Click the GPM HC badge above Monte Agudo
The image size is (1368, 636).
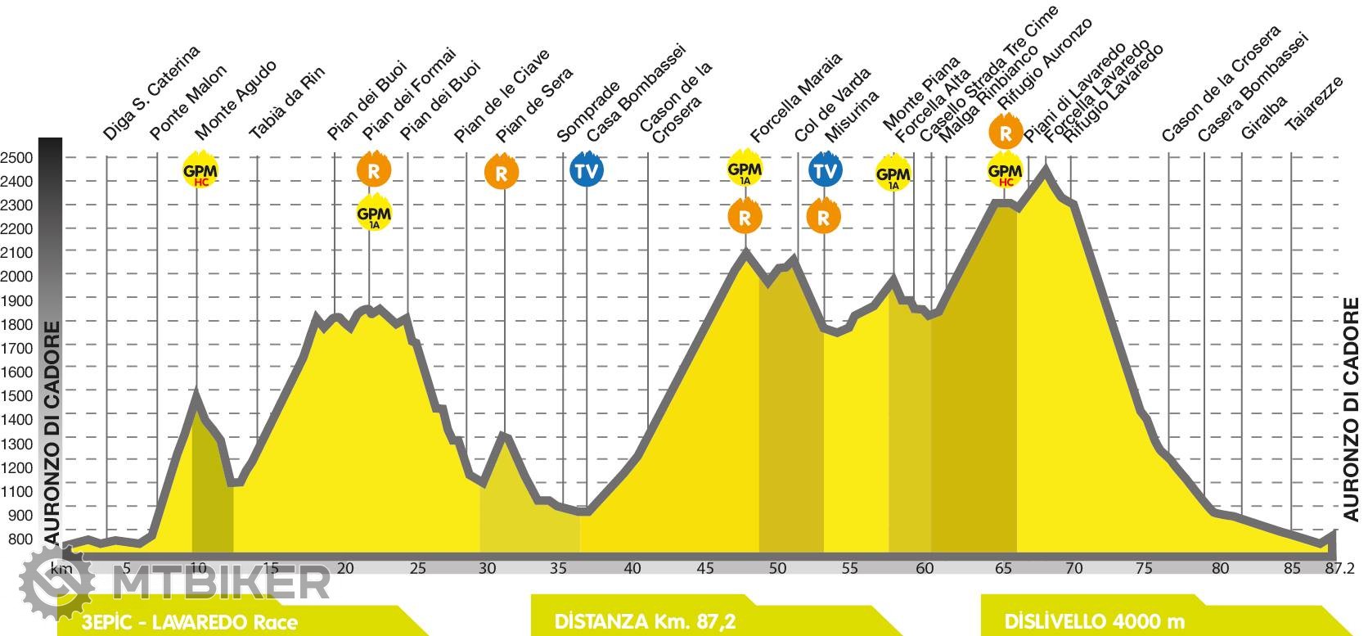point(200,171)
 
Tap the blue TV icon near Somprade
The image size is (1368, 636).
point(586,171)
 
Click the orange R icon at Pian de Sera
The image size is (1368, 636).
point(502,173)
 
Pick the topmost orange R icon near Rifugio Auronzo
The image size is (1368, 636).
point(1005,132)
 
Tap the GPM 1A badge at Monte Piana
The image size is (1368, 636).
point(893,175)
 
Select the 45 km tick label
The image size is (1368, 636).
point(704,568)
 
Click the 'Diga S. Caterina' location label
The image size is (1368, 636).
point(152,93)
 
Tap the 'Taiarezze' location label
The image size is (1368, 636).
point(1313,104)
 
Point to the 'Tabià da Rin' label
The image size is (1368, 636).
point(286,102)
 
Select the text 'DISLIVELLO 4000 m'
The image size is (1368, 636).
point(1095,621)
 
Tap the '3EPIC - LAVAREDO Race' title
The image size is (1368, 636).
point(190,622)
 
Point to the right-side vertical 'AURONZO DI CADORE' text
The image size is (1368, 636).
point(1351,409)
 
